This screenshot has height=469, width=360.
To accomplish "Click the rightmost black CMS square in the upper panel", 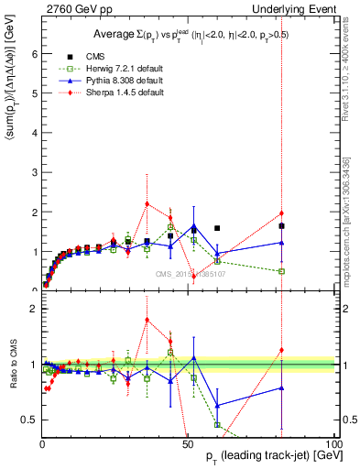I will click(282, 225).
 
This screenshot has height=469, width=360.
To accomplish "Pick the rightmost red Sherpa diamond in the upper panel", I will click(282, 213).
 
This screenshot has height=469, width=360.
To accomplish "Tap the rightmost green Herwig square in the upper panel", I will click(282, 271).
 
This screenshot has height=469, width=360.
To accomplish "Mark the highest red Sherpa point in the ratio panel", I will click(147, 320).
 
